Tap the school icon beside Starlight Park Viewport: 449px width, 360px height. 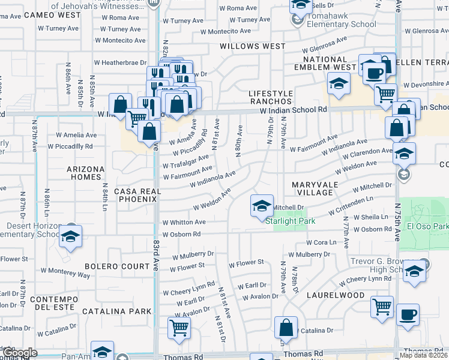262,207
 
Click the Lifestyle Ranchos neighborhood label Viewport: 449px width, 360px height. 271,98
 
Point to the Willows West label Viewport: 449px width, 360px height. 253,46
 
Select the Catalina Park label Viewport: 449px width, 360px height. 117,311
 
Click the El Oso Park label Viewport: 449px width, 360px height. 427,227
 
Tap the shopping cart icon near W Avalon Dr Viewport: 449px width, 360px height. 179,328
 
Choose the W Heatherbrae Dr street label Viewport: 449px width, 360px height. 120,62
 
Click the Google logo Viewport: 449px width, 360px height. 20,353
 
